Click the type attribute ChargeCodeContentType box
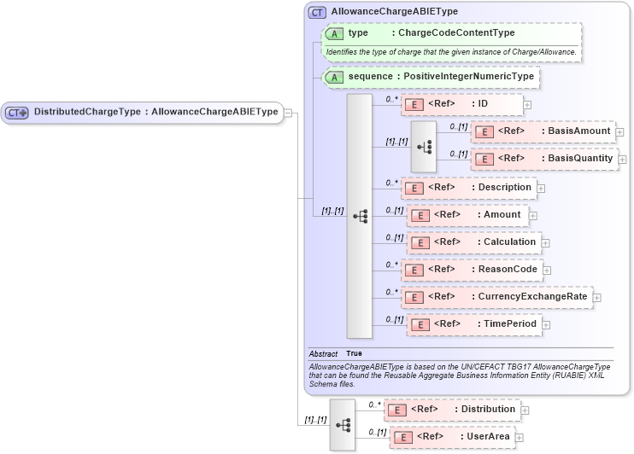[x=451, y=33]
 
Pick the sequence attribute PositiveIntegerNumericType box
[x=431, y=77]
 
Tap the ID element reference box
[x=461, y=104]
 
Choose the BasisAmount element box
[x=543, y=131]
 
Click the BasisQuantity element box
[x=544, y=159]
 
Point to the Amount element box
[x=467, y=215]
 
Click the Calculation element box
[x=473, y=242]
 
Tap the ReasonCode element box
[x=472, y=270]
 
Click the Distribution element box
[x=452, y=410]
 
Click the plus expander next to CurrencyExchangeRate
[x=597, y=298]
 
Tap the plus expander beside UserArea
[x=519, y=438]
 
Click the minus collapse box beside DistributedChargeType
[x=289, y=112]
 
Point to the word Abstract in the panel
[x=323, y=353]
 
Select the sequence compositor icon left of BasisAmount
[x=423, y=146]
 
